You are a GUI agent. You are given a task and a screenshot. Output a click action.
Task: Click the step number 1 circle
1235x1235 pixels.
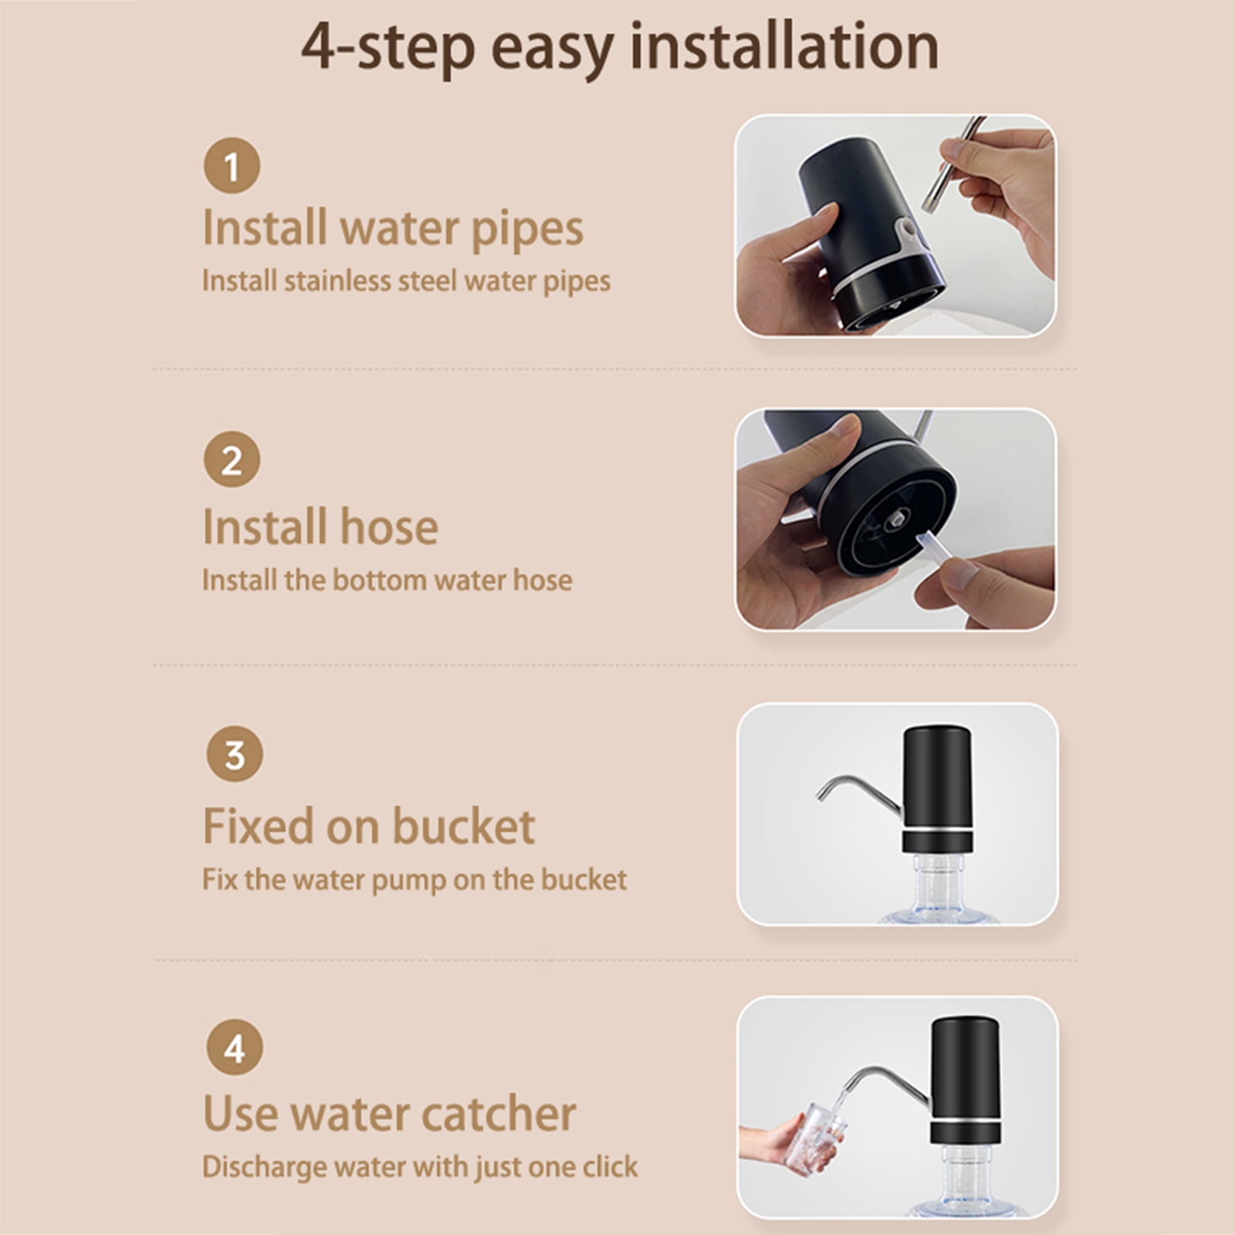tap(232, 165)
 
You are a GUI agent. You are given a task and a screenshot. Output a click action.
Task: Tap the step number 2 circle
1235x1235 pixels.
tap(232, 459)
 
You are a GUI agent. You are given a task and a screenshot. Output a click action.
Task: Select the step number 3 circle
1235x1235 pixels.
tap(235, 754)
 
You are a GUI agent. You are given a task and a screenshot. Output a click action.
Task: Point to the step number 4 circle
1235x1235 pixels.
tap(235, 1047)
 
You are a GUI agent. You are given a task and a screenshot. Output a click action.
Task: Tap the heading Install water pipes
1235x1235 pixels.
tap(393, 228)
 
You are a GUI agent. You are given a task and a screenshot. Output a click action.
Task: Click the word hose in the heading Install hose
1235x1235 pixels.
tap(389, 526)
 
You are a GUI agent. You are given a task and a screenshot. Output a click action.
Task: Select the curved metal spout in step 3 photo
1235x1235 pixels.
tap(858, 791)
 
